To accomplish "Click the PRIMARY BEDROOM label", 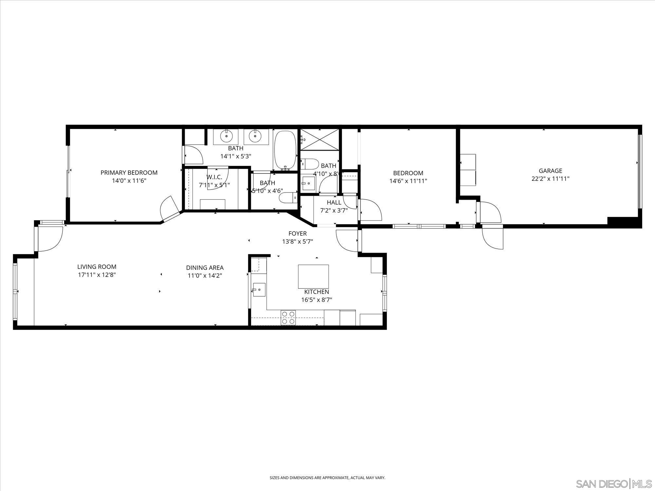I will tap(129, 173).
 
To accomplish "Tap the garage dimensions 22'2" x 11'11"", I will tap(550, 179).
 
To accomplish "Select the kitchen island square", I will tap(313, 276).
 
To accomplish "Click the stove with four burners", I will tap(288, 318).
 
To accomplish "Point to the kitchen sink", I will tap(259, 290).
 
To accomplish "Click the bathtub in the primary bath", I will tap(285, 150).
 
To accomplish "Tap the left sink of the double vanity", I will tap(226, 136).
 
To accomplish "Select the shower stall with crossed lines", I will tap(320, 139).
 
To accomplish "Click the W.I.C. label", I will tap(214, 177).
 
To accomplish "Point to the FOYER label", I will tap(297, 233).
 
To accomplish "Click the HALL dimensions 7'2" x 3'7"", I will tap(334, 210).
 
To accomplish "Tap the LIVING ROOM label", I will tap(97, 267).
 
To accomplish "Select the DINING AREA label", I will tap(205, 268).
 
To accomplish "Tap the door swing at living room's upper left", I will tap(50, 238).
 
